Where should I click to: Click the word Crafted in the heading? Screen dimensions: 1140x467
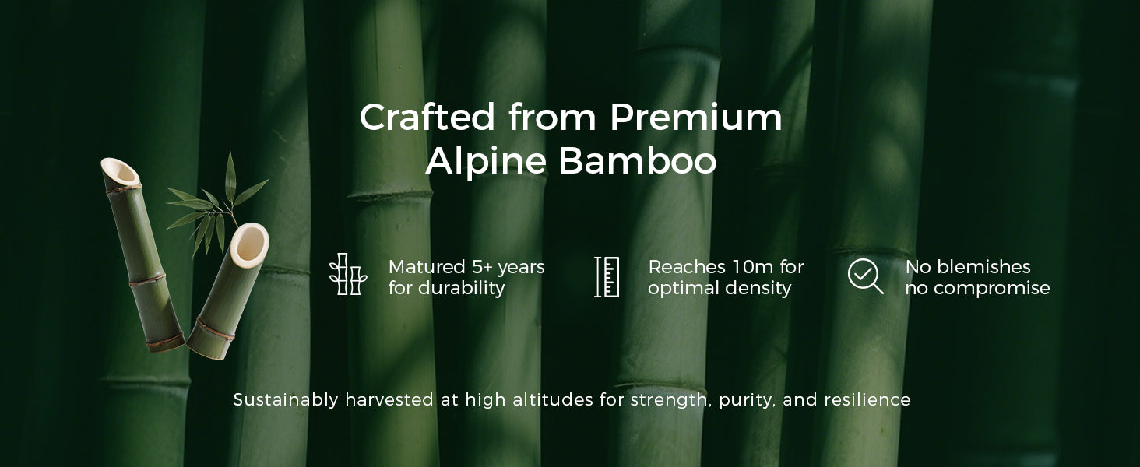pos(427,117)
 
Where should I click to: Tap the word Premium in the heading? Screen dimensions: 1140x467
pos(695,117)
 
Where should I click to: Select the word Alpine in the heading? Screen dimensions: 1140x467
pos(486,162)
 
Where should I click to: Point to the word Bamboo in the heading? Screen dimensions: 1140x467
pos(639,161)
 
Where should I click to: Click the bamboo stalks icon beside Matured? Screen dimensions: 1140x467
pos(347,274)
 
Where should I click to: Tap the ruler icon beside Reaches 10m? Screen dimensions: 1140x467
pos(607,277)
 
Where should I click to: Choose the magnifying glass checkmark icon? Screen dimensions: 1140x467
pos(865,276)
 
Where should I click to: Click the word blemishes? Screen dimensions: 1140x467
pos(983,266)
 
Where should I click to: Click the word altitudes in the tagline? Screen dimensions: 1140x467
pos(553,399)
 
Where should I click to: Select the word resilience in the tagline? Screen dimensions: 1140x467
pos(867,399)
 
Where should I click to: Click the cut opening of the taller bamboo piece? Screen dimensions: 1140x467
pos(121,173)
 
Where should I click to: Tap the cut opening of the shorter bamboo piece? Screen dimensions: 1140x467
pos(250,244)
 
